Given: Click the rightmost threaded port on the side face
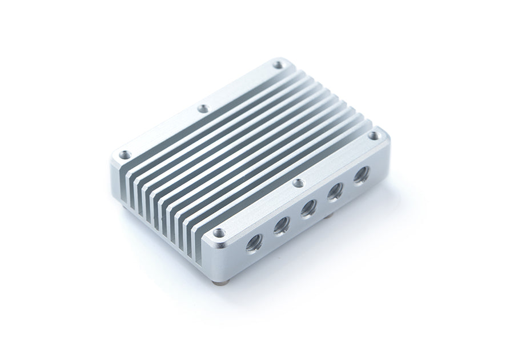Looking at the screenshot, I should coord(360,175).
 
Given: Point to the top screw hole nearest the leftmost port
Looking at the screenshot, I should coord(218,233).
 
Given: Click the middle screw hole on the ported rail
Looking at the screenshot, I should coord(297,183).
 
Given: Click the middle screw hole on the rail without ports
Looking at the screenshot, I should coord(202,108).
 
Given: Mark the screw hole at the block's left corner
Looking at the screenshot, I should coord(123,154).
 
